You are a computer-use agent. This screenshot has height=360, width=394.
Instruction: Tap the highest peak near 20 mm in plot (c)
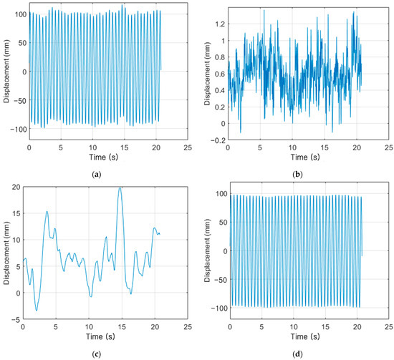(120, 188)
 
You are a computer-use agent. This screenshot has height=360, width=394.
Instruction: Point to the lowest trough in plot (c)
(36, 310)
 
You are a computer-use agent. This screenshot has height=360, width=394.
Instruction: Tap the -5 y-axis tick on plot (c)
(19, 319)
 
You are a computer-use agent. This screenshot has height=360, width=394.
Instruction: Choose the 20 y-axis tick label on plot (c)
(19, 186)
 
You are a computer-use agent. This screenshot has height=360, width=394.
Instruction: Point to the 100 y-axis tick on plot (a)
(16, 14)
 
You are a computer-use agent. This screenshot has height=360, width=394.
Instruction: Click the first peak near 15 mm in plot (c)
(47, 211)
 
